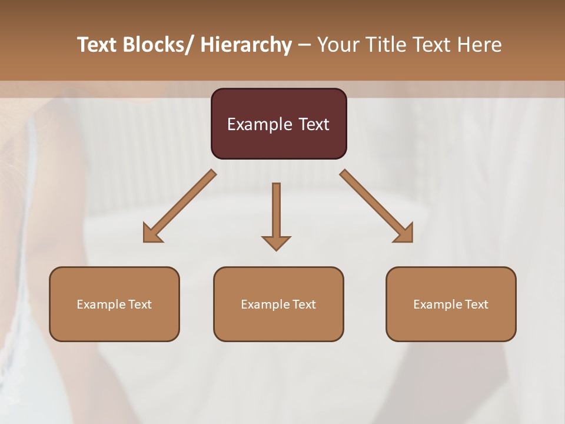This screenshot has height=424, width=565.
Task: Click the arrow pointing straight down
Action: [276, 212]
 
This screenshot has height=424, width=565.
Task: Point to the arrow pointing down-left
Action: [180, 206]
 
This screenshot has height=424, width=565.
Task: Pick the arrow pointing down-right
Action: [377, 206]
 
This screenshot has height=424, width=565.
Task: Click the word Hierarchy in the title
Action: [246, 45]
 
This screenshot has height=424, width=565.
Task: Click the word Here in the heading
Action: [480, 45]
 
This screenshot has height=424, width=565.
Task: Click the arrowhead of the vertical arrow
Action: [276, 242]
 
